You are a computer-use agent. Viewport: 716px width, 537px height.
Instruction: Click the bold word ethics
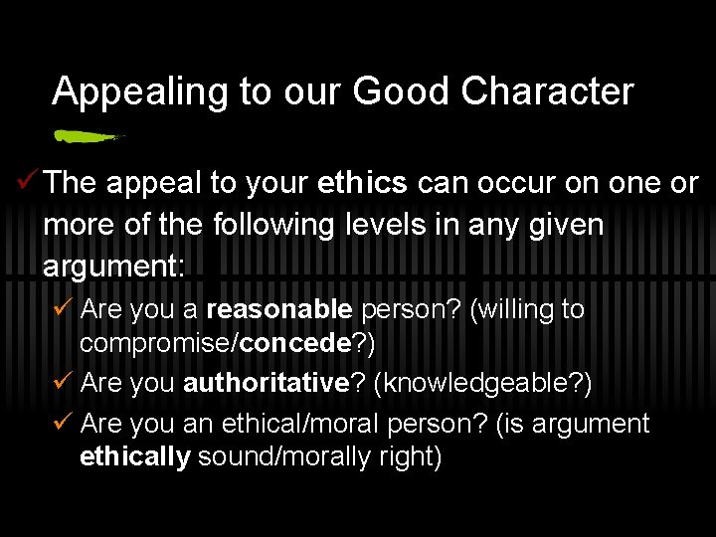point(362,183)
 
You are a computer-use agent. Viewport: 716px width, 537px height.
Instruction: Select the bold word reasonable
point(279,309)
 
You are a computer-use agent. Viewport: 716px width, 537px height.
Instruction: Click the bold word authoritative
point(266,383)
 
